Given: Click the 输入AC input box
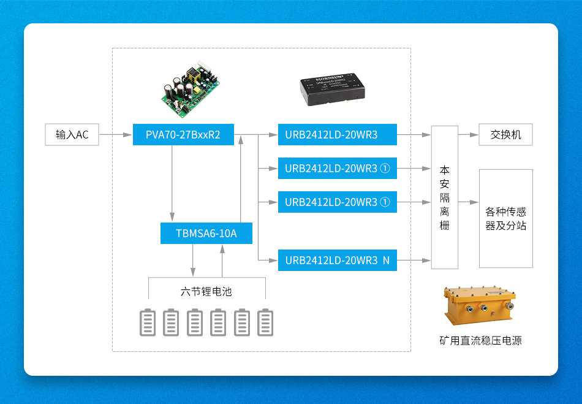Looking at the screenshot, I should click(72, 135).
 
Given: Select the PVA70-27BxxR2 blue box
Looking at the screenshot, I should click(183, 135).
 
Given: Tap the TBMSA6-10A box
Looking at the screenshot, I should click(206, 234).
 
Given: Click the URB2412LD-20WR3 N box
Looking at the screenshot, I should click(337, 261).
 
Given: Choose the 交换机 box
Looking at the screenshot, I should click(505, 135).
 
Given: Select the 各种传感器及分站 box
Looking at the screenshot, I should click(505, 218).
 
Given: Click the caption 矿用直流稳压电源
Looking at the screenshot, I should click(480, 341).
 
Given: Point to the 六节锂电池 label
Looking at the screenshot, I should click(206, 292).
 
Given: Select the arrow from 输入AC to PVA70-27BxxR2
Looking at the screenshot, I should click(116, 135).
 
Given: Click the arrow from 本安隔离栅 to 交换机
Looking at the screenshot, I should click(468, 135).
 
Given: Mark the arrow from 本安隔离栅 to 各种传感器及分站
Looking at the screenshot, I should click(468, 202).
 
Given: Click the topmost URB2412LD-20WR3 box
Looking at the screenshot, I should click(337, 135).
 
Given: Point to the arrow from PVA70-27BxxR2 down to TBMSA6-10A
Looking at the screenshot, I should click(172, 184).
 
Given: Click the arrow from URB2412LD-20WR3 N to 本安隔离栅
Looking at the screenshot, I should click(414, 261).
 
